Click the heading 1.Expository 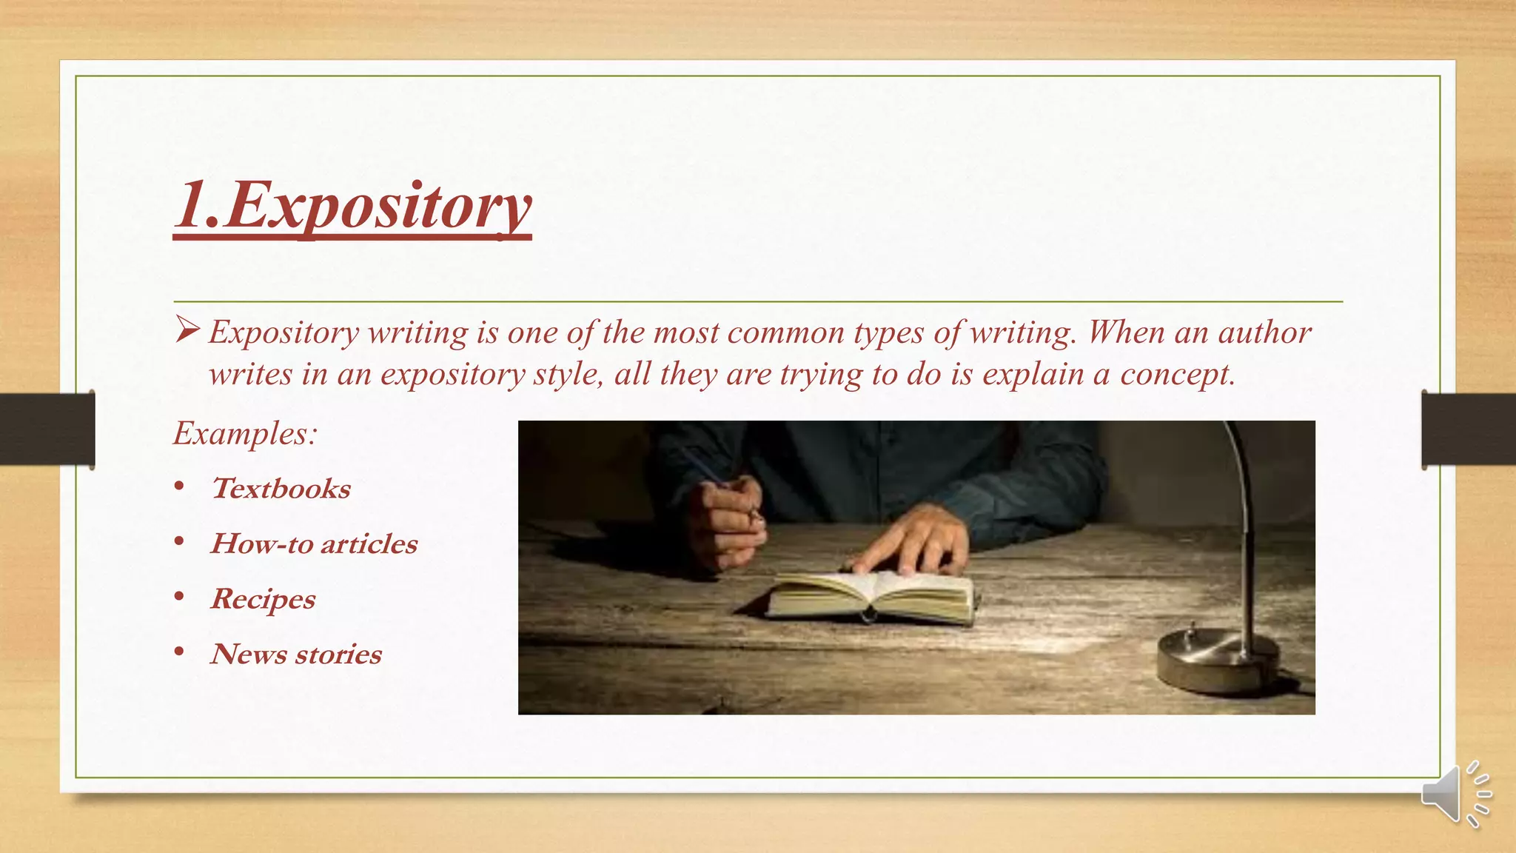[352, 207]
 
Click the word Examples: [245, 433]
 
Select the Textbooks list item [281, 489]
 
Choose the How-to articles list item [314, 544]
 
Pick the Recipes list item [263, 599]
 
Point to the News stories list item [296, 655]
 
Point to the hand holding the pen [725, 522]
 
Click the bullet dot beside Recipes [179, 597]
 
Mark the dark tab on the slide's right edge [1469, 429]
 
